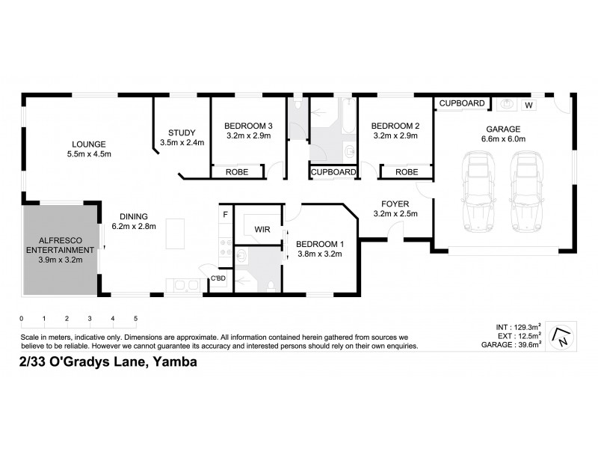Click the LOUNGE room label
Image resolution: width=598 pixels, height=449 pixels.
click(x=88, y=144)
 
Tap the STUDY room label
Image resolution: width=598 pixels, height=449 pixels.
click(x=181, y=131)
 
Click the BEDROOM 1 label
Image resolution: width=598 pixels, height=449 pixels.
click(x=319, y=243)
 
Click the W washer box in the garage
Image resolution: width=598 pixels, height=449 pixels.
click(x=528, y=104)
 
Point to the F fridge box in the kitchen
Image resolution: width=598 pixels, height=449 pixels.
click(x=224, y=216)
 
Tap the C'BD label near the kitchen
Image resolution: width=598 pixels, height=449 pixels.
click(x=218, y=279)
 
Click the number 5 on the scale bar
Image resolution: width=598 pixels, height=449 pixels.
click(x=135, y=320)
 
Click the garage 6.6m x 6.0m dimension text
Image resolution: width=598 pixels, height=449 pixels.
click(x=504, y=138)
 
